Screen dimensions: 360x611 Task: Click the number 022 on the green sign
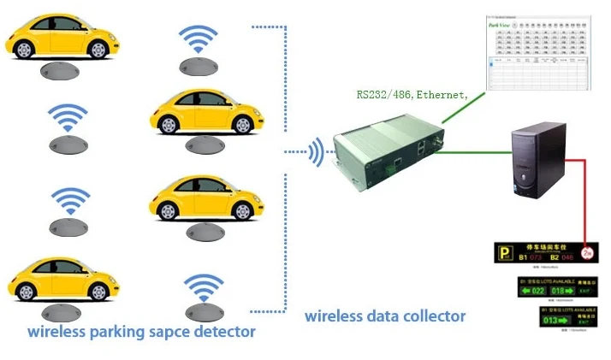537,291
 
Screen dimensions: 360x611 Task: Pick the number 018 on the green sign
569,291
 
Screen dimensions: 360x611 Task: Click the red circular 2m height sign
587,253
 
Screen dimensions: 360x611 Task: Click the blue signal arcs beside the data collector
317,153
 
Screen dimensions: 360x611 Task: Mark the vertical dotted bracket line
285,171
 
